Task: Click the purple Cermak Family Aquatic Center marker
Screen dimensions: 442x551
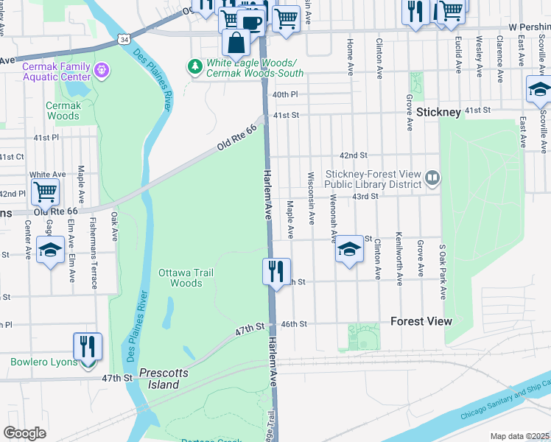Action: [x=101, y=71]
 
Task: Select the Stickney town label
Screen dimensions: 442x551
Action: [x=438, y=112]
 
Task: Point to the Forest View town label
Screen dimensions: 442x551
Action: [x=421, y=322]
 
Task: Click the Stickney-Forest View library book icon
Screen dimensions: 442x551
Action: [x=432, y=177]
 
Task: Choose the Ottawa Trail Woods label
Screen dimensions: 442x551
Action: [x=186, y=278]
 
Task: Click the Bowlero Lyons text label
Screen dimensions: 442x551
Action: [x=42, y=362]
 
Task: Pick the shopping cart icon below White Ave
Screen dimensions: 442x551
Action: [x=45, y=192]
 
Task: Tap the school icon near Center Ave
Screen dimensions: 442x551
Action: [x=50, y=250]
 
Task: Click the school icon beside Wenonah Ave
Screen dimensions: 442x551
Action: [x=349, y=250]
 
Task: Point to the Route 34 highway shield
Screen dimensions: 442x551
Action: [x=125, y=38]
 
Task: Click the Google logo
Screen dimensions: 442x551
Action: [x=24, y=433]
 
